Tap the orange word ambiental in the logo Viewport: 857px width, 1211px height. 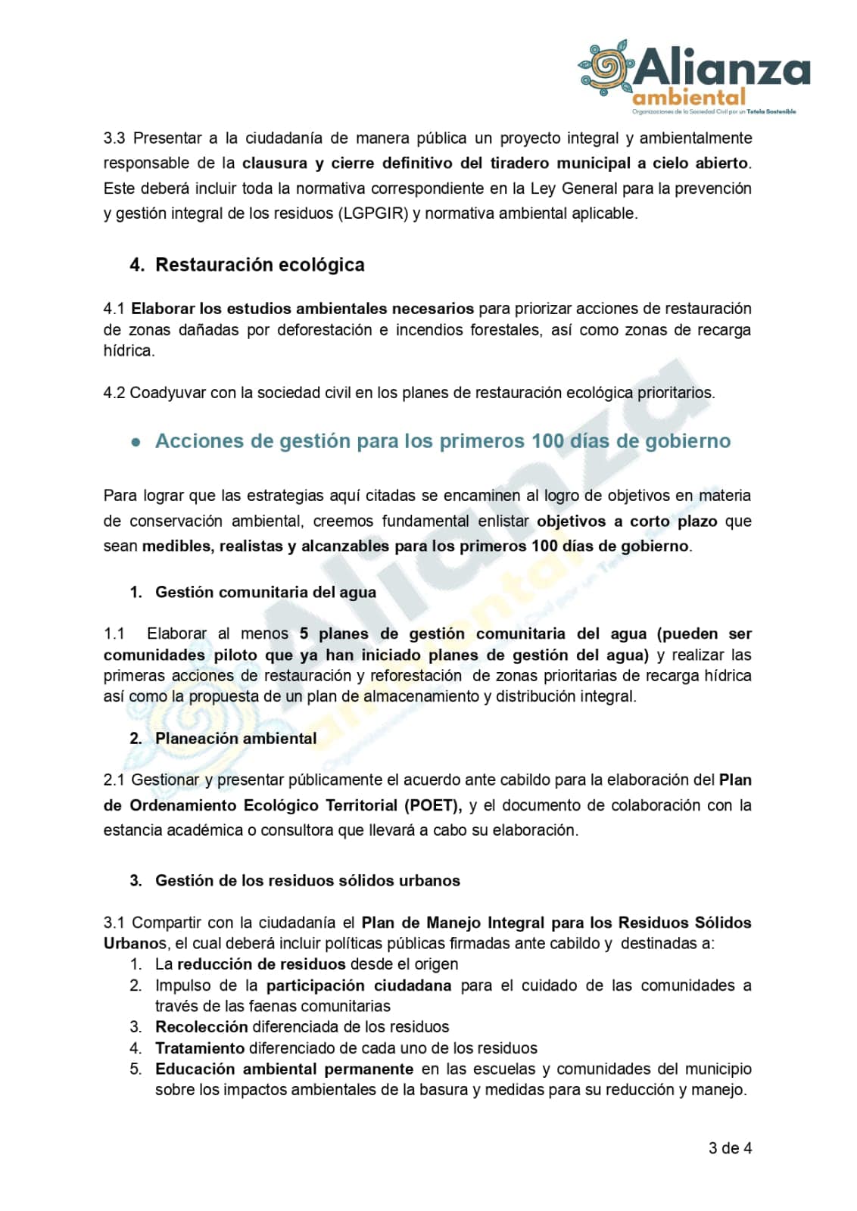(688, 98)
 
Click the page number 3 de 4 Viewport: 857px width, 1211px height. (730, 1148)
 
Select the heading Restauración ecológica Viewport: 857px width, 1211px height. (260, 265)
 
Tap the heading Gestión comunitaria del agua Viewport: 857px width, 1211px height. (265, 592)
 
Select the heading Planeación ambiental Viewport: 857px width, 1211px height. (235, 738)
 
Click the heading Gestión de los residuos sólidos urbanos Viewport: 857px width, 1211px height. (307, 880)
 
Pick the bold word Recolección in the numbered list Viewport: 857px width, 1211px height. (201, 1027)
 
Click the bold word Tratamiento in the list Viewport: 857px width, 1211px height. (200, 1048)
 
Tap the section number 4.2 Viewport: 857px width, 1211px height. (114, 393)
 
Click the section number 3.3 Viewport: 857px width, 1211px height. (114, 139)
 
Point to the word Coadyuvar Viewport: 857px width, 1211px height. (164, 393)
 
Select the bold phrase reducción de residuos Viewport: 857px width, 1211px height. (261, 964)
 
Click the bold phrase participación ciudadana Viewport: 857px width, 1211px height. (358, 985)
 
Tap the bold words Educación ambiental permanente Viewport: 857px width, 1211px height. (284, 1069)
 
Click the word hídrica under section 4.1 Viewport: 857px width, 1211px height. (128, 350)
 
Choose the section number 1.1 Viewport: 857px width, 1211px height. (114, 634)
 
